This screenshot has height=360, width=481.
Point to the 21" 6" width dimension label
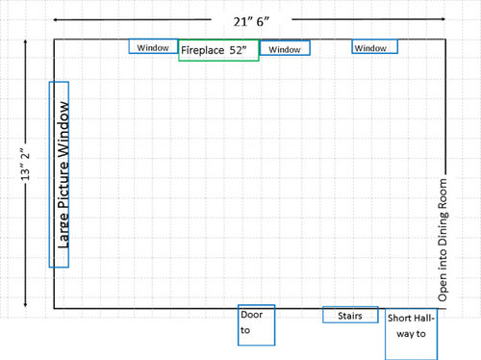pos(251,22)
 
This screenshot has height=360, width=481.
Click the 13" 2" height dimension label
pos(25,164)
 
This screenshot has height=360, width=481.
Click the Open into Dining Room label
pos(443,240)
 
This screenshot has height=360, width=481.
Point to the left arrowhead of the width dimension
pos(55,20)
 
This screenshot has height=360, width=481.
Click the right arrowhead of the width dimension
pos(443,19)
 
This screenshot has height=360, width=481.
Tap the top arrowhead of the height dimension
pos(25,41)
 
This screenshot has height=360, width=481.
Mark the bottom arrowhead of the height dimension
pos(25,305)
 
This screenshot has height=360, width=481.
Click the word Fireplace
pos(203,50)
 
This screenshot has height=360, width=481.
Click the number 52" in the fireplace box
pos(238,50)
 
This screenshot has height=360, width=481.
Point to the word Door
pos(252,315)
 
